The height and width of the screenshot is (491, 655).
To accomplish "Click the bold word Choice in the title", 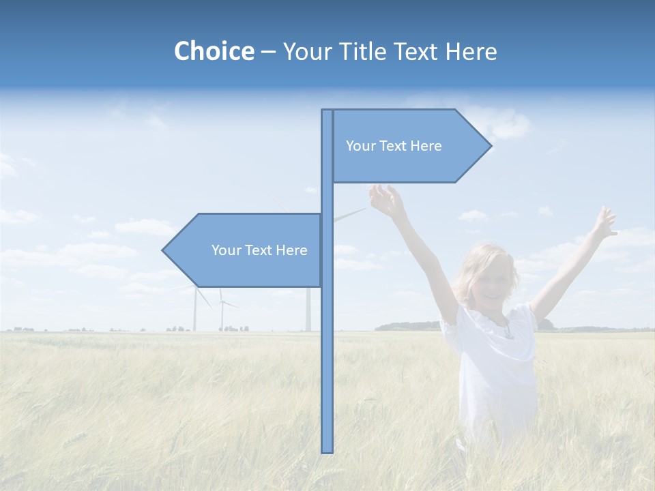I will pyautogui.click(x=214, y=51).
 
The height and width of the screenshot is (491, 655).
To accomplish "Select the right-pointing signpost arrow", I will pyautogui.click(x=409, y=146).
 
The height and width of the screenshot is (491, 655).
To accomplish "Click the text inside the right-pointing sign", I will pyautogui.click(x=394, y=146).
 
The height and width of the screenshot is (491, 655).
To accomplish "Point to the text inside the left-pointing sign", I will pyautogui.click(x=259, y=250).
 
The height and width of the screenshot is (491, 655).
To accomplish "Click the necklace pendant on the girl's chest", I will pyautogui.click(x=508, y=333).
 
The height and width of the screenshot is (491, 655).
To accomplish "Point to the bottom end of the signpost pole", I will pyautogui.click(x=327, y=450).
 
